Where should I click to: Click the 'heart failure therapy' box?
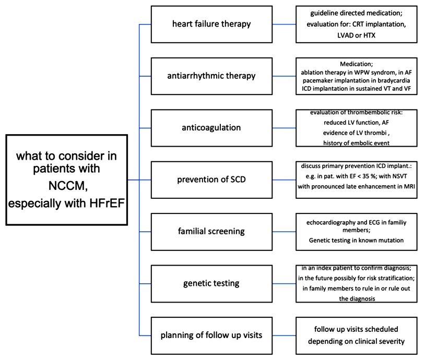[211, 25]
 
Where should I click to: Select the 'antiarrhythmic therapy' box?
[211, 76]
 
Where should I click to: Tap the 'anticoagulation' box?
[211, 128]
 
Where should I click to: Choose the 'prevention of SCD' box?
[211, 180]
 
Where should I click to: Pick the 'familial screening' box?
[211, 232]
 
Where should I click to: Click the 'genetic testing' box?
[211, 284]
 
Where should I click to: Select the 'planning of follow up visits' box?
[211, 335]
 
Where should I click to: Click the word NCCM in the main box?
[68, 186]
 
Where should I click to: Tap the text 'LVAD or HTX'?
[356, 35]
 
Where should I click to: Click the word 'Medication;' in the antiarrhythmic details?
[356, 64]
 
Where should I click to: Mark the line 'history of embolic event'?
[356, 143]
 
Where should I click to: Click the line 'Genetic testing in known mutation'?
[356, 241]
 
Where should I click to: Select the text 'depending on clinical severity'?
[356, 341]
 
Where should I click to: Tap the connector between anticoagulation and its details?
[284, 128]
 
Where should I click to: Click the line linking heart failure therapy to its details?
[284, 25]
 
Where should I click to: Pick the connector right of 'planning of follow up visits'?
[284, 335]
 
